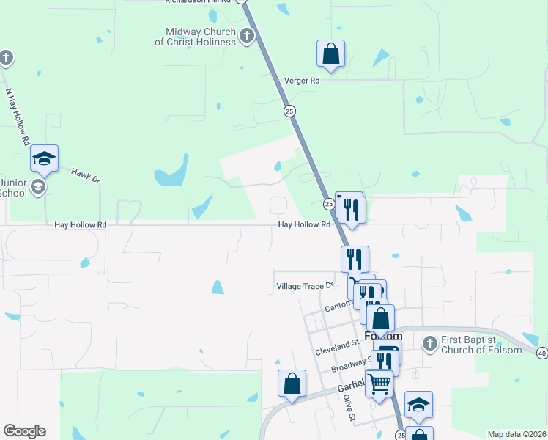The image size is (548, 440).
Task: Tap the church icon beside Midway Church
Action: pos(247,35)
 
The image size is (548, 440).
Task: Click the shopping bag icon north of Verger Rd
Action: pos(330,54)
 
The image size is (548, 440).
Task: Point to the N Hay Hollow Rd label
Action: pos(17,117)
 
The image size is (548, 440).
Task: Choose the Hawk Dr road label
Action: pos(85,175)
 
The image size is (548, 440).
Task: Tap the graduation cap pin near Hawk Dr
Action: pos(44,159)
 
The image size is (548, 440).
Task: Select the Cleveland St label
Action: pos(337,347)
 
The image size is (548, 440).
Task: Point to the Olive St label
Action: pos(349,408)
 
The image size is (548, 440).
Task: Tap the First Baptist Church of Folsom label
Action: pos(481,345)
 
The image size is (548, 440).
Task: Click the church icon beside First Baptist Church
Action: pos(430,342)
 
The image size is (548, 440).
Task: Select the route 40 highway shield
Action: pos(541,353)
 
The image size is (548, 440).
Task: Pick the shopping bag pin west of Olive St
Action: pos(292,384)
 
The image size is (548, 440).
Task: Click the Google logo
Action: pos(24,431)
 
